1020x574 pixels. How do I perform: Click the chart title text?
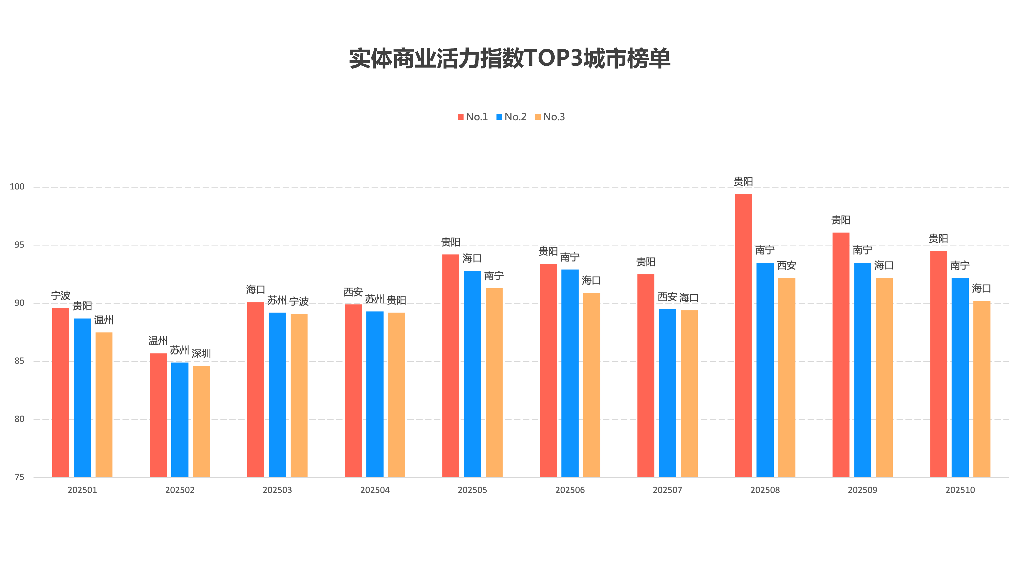pos(510,59)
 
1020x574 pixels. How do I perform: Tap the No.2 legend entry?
pos(511,117)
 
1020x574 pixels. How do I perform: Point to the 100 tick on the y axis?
pos(17,187)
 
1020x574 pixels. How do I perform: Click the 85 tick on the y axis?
pos(19,361)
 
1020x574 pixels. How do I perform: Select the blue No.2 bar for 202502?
pos(180,420)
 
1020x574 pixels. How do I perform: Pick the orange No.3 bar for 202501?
pos(104,405)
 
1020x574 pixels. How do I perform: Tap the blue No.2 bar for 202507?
pos(667,393)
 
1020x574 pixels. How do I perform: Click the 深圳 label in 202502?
pos(201,353)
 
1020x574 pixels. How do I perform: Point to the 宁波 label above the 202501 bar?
pos(60,296)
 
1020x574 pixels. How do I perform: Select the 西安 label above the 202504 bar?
pos(353,292)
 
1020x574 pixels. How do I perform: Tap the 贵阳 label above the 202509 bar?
pos(841,220)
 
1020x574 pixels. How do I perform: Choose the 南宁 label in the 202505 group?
pos(494,275)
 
